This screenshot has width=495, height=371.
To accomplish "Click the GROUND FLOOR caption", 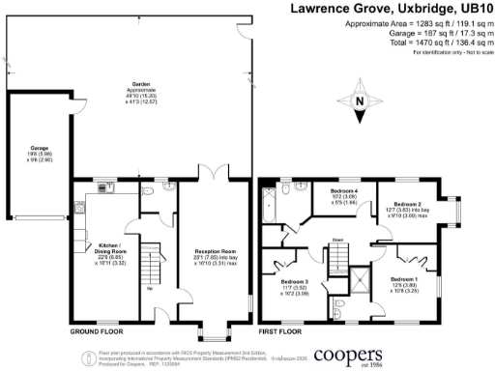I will point(97,330).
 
